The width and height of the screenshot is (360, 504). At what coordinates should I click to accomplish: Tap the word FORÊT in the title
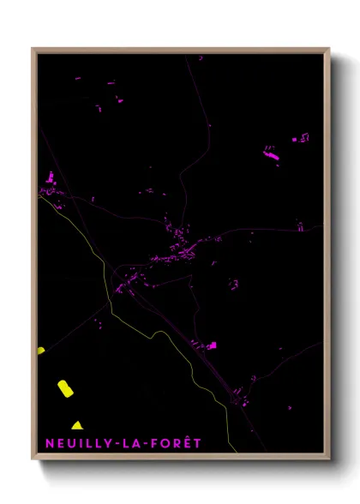click(x=177, y=443)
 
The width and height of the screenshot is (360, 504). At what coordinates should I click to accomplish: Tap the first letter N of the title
click(x=49, y=443)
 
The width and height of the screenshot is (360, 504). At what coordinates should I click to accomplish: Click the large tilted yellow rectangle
click(x=65, y=388)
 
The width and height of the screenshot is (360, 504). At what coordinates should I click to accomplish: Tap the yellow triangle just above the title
click(x=77, y=425)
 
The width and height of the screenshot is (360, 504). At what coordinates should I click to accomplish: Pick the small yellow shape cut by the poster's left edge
click(x=40, y=350)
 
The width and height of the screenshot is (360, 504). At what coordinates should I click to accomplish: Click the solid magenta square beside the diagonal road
click(x=213, y=345)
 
